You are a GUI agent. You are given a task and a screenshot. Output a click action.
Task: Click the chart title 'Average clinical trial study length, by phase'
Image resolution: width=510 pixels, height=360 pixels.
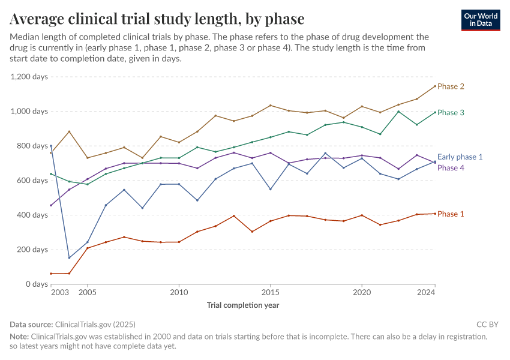(157, 19)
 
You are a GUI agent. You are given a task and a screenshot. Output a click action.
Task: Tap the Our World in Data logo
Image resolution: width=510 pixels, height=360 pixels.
(481, 20)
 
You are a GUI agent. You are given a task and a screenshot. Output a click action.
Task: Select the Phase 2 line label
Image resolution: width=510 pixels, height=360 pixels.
(451, 86)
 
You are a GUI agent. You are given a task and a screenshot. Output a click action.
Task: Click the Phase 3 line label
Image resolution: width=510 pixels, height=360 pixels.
(451, 113)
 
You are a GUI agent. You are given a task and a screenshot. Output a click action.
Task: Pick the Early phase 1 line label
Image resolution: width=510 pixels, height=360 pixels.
(460, 157)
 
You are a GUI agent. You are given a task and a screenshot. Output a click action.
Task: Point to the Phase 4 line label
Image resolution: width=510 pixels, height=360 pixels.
(451, 168)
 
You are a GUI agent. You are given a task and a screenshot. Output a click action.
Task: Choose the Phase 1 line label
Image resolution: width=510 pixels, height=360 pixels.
(451, 214)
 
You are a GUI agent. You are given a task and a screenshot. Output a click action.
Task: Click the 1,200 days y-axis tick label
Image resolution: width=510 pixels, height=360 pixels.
(29, 77)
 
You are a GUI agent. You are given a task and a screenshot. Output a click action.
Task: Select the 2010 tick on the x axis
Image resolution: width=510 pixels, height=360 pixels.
(179, 293)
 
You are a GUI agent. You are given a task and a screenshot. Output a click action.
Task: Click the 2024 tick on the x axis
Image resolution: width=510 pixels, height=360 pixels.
(426, 293)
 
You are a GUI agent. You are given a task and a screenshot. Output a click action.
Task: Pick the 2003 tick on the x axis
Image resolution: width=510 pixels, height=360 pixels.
(60, 293)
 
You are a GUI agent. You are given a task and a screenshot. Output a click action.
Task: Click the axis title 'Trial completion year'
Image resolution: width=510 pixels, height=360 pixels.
(243, 305)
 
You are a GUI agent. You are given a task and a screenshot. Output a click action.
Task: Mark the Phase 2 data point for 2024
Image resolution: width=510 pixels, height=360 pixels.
(435, 86)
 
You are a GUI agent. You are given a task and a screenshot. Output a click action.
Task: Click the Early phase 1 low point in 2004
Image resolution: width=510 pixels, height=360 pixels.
(69, 258)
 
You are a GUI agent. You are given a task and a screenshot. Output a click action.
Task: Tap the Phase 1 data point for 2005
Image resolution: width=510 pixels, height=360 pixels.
(88, 248)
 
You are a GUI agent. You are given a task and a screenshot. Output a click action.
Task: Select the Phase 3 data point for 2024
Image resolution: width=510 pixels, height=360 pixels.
(435, 112)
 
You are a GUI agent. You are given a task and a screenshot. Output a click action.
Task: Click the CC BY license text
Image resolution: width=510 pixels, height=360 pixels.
(488, 325)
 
